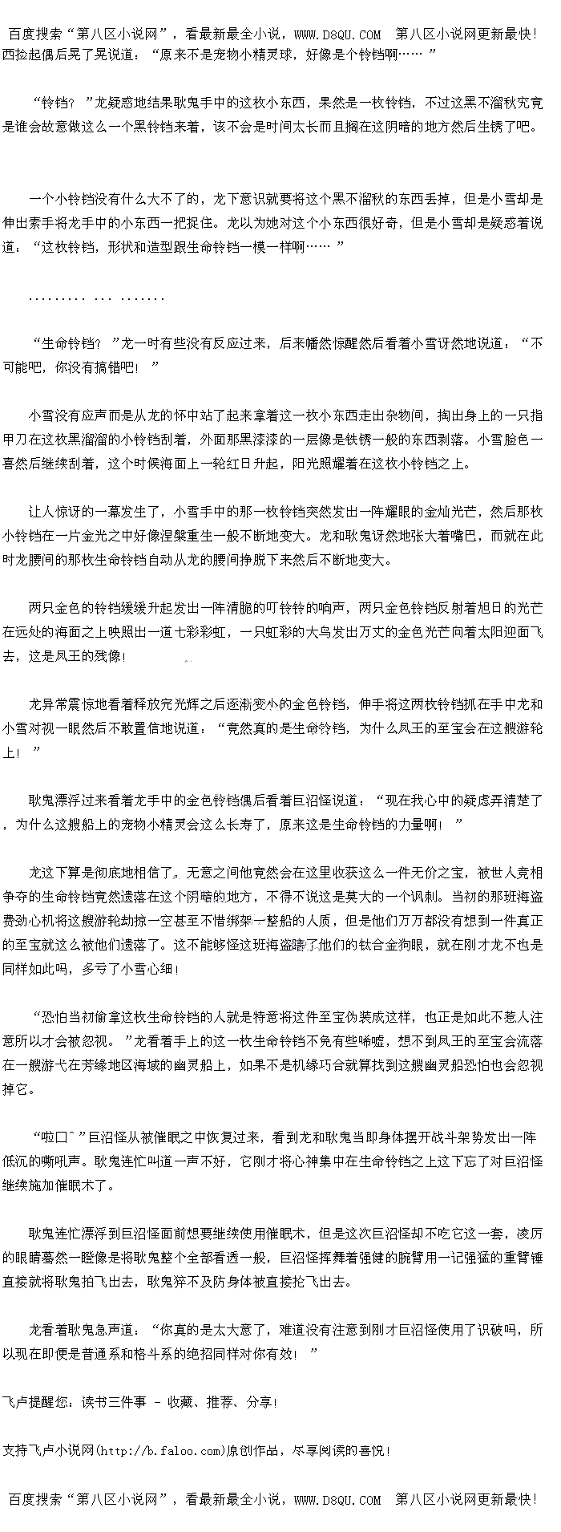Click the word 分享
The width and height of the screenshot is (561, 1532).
point(260,1402)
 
